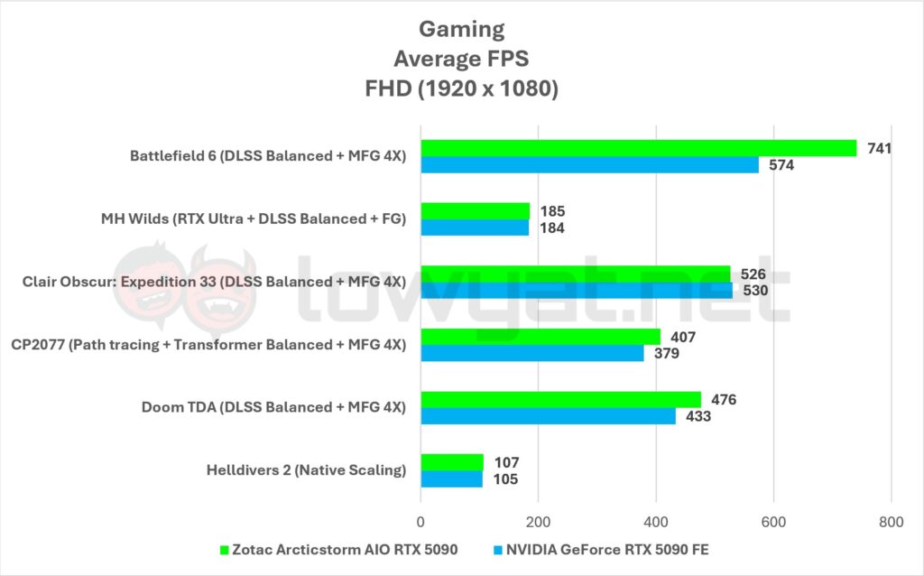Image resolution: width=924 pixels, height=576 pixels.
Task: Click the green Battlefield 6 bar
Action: point(638,148)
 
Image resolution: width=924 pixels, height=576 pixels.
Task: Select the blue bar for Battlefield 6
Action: point(589,165)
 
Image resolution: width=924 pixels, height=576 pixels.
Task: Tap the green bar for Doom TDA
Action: point(560,399)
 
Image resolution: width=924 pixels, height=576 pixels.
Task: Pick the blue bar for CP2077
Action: point(532,353)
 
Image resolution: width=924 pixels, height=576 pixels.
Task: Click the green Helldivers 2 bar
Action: point(452,462)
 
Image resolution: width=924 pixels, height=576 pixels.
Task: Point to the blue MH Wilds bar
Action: point(475,228)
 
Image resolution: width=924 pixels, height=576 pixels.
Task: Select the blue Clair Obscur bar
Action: point(577,291)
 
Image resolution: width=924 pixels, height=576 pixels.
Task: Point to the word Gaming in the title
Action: point(462,29)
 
